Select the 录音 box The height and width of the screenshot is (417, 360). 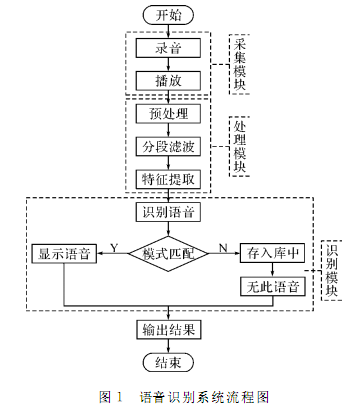tap(168, 48)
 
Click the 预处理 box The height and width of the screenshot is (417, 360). tap(168, 114)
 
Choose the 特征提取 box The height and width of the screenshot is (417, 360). tap(168, 178)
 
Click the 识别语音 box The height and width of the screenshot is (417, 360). tap(168, 214)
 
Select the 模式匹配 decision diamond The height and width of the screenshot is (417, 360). tap(168, 253)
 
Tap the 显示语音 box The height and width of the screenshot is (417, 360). tap(63, 254)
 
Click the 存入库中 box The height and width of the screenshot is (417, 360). tap(270, 254)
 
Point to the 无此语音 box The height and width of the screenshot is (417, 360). tap(270, 287)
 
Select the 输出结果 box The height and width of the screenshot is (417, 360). tap(168, 328)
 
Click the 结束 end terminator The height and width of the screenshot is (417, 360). tap(168, 362)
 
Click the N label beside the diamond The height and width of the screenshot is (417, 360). tap(222, 245)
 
